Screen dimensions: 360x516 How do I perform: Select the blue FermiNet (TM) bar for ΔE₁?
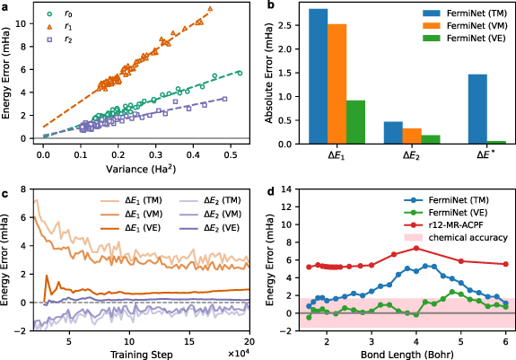pyautogui.click(x=318, y=76)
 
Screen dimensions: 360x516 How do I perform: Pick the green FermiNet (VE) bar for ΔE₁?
pyautogui.click(x=355, y=122)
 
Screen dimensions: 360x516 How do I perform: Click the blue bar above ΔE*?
pyautogui.click(x=477, y=109)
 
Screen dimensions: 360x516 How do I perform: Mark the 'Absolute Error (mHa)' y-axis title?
pyautogui.click(x=267, y=75)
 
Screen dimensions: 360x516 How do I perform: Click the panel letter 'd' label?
pyautogui.click(x=268, y=190)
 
